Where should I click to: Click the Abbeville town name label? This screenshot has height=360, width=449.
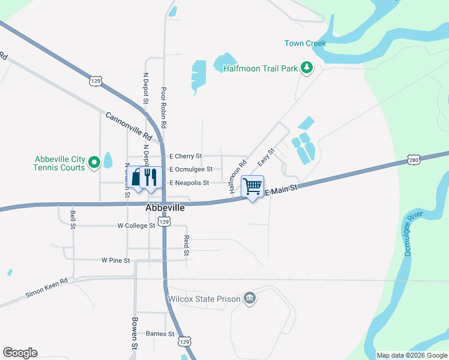coord(164,208)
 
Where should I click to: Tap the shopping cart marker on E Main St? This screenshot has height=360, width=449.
coord(253,185)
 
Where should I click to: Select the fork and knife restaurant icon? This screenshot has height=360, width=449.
coord(151,177)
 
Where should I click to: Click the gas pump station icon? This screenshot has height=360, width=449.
coord(137,177)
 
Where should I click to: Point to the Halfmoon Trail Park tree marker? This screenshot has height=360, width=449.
coord(307,68)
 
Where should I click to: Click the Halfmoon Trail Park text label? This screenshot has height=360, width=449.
coord(261,68)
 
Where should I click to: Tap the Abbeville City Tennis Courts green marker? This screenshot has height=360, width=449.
coord(94,162)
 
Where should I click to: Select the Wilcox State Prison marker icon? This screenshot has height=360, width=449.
coord(250,298)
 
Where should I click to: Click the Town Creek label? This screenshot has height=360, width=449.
coord(305,43)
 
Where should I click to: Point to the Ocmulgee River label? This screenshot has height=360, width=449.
coord(415,233)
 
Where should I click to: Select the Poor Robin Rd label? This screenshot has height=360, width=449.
coord(163,107)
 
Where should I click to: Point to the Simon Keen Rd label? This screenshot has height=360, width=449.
coord(46,287)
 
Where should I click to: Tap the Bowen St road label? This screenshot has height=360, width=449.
coord(135,334)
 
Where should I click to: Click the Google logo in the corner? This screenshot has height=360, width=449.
coord(20,353)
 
